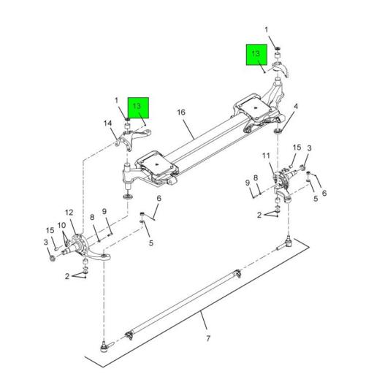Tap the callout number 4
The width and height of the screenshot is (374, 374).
click(x=296, y=107)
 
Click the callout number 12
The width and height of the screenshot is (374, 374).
click(x=69, y=213)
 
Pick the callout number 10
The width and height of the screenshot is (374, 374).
click(x=61, y=224)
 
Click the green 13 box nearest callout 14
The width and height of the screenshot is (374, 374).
click(x=138, y=108)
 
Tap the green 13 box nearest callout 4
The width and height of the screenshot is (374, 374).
click(x=256, y=55)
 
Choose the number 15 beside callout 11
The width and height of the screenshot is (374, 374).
click(x=297, y=148)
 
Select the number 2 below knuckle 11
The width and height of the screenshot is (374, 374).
click(x=259, y=215)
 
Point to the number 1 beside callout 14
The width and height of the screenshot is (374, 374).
click(x=115, y=100)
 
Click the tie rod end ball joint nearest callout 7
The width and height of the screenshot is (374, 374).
click(x=104, y=343)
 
